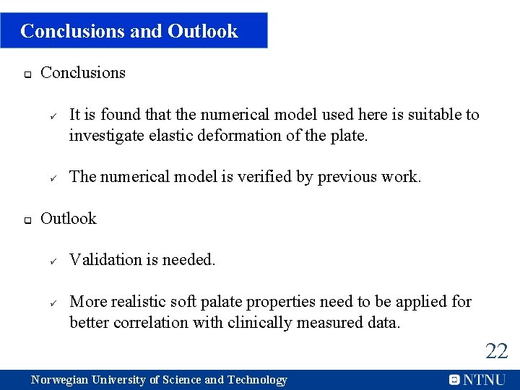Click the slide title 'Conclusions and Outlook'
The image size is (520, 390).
129,31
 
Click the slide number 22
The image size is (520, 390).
496,352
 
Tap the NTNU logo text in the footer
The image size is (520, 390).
484,380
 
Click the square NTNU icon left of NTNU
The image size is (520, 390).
454,380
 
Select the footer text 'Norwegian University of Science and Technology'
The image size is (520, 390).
159,380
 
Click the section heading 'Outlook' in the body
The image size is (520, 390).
69,218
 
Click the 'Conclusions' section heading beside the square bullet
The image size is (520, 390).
83,72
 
